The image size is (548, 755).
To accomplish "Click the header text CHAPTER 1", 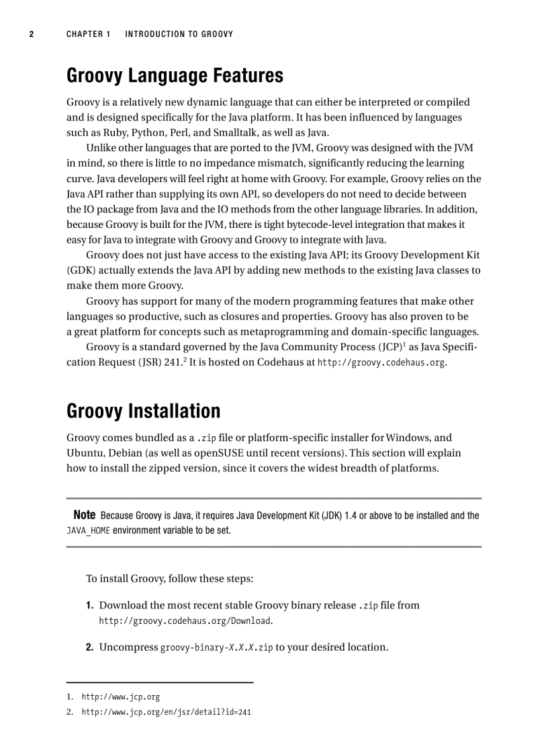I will pyautogui.click(x=88, y=34).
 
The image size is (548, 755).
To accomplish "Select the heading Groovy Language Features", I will pyautogui.click(x=175, y=76).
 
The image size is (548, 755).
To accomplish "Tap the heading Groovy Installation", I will pyautogui.click(x=143, y=411).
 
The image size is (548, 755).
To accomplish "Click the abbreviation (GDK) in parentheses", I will pyautogui.click(x=83, y=270).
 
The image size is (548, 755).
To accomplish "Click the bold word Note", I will pyautogui.click(x=84, y=516).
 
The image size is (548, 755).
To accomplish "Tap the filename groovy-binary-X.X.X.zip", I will pyautogui.click(x=216, y=648).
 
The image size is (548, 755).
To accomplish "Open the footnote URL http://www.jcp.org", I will pyautogui.click(x=120, y=697).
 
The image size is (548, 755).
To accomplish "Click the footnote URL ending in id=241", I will pyautogui.click(x=166, y=712).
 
